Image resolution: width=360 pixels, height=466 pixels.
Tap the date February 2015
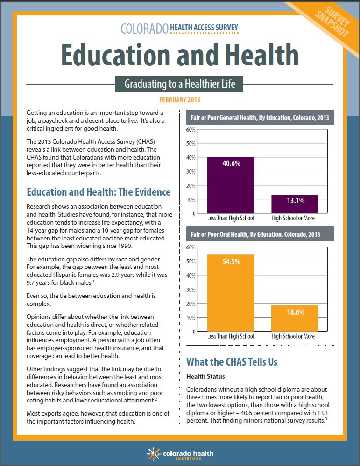point(180,100)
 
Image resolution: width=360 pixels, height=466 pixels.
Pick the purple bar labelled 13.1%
point(295,204)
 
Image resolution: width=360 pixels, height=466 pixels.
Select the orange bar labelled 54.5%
point(231,293)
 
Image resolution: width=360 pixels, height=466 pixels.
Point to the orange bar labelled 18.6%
point(295,318)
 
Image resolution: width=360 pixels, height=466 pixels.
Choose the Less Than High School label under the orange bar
point(231,336)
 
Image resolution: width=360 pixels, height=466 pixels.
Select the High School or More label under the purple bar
point(293,218)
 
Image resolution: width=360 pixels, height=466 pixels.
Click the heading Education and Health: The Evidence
point(99,192)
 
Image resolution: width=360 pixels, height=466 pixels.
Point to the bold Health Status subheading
point(205,376)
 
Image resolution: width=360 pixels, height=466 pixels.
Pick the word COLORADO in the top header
point(144,28)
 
